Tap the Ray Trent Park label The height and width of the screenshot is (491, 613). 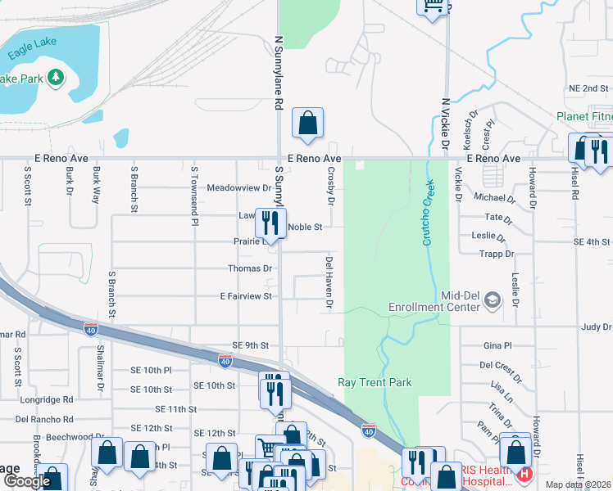[375, 382]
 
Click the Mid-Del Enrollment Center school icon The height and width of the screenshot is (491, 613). [492, 300]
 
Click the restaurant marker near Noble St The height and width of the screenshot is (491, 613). [270, 223]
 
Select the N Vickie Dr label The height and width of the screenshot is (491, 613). [447, 123]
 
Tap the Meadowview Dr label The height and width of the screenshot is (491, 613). [238, 187]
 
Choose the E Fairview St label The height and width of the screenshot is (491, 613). [246, 296]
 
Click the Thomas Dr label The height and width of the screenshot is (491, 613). [250, 268]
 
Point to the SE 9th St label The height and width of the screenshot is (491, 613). [251, 345]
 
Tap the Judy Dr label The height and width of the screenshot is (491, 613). [596, 327]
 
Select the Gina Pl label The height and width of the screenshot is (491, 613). [497, 346]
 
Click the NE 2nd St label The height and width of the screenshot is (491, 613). [588, 88]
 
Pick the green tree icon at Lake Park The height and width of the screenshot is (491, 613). [56, 78]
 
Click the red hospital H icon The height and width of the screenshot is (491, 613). [524, 474]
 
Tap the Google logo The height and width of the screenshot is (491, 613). [27, 481]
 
